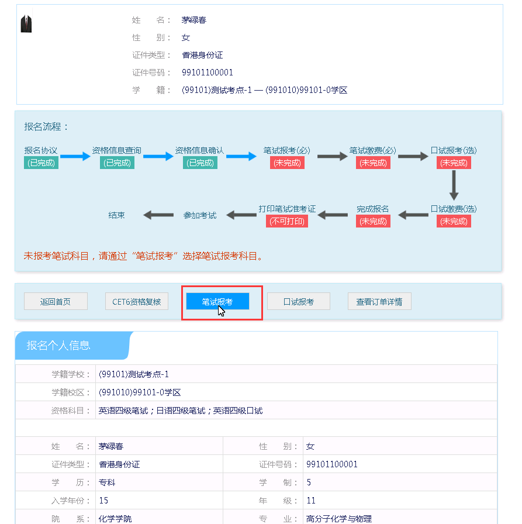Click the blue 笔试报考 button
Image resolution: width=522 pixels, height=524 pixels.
click(217, 302)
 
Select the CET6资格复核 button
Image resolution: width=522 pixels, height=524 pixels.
click(137, 302)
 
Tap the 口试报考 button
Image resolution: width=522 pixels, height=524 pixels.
click(298, 302)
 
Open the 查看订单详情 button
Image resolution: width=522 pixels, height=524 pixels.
click(379, 302)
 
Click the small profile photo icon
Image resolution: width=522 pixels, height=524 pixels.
click(26, 24)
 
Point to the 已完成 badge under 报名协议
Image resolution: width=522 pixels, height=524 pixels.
click(41, 163)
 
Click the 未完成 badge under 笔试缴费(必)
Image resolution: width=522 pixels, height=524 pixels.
click(373, 163)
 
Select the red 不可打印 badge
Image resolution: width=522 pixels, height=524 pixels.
click(287, 221)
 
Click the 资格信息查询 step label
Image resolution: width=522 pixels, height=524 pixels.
click(116, 151)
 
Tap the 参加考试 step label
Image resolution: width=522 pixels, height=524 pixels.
click(200, 215)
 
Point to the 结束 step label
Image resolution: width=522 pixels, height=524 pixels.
click(117, 215)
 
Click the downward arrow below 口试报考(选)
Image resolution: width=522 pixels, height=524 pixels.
click(454, 187)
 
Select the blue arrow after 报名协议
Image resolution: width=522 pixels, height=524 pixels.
click(75, 156)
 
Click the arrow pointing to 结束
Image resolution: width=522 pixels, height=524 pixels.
click(158, 215)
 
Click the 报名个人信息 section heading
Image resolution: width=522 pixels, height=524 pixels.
click(58, 345)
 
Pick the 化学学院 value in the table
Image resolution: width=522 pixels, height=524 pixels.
click(115, 519)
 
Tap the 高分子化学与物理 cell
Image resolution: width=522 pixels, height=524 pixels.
click(339, 519)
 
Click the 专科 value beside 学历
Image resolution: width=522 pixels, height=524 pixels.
click(108, 482)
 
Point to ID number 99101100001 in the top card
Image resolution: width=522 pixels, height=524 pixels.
click(208, 73)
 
